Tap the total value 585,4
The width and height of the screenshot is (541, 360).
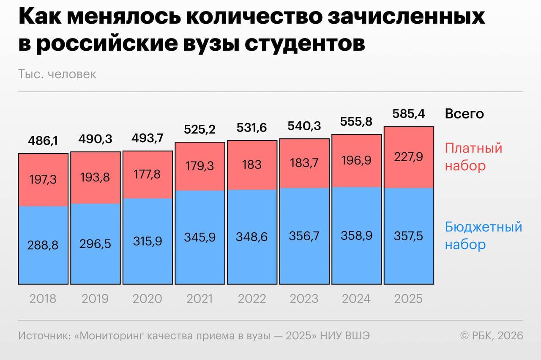tap(409, 114)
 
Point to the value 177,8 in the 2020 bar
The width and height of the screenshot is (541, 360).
tap(148, 174)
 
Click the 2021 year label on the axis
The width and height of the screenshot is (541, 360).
tap(199, 299)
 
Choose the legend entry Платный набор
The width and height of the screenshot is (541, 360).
tap(473, 157)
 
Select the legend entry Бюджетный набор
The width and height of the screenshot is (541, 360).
tap(484, 236)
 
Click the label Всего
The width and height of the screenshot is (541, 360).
tap(464, 114)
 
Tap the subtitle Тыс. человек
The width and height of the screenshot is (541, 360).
tap(57, 74)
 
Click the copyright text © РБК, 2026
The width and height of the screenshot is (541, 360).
tap(492, 335)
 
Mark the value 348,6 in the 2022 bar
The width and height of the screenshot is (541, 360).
tap(252, 237)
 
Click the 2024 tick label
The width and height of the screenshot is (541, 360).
tap(356, 299)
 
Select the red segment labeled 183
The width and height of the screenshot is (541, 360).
tap(252, 165)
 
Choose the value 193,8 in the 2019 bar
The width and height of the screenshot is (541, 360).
tap(95, 177)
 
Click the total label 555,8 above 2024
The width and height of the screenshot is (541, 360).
tap(356, 121)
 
